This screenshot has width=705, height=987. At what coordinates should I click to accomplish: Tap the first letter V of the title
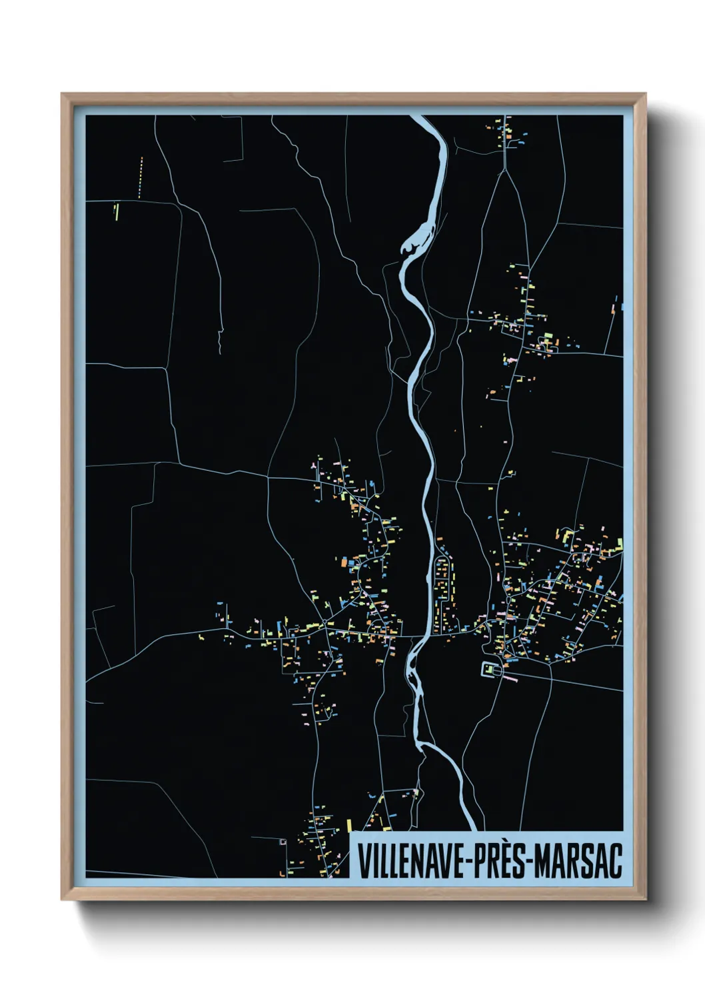pos(364,861)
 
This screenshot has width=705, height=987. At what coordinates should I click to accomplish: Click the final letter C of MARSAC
pos(616,861)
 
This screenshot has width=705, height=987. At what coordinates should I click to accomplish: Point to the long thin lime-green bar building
pos(117,211)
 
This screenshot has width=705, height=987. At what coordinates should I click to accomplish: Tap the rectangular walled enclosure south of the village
pos(492,669)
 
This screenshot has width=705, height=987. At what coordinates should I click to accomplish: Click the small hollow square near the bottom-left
pos(283,842)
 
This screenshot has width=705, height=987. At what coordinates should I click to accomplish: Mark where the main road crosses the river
pos(420,636)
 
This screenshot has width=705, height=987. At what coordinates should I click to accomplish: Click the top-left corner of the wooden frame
pos(63,95)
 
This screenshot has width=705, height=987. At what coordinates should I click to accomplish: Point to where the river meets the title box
pos(469,830)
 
